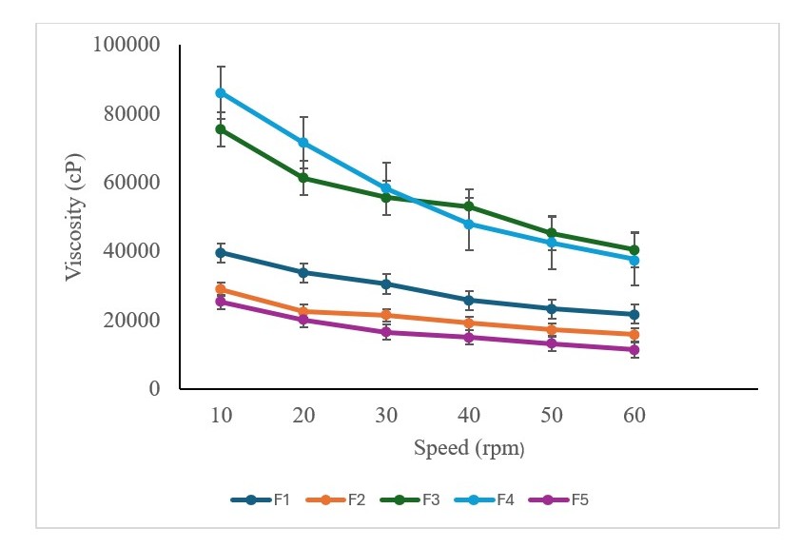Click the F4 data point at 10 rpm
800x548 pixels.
pyautogui.click(x=221, y=92)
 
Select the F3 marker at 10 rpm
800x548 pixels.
pyautogui.click(x=221, y=128)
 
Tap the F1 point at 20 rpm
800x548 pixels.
pyautogui.click(x=303, y=272)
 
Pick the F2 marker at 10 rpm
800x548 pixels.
pyautogui.click(x=221, y=289)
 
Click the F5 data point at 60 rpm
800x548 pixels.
pyautogui.click(x=634, y=349)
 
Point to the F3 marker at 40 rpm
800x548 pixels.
pyautogui.click(x=469, y=206)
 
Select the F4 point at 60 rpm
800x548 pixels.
pyautogui.click(x=634, y=260)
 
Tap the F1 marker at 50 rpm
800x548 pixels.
pyautogui.click(x=552, y=308)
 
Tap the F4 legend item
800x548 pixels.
pyautogui.click(x=507, y=499)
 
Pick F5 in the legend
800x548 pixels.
pyautogui.click(x=590, y=499)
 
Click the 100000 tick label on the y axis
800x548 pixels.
pyautogui.click(x=127, y=45)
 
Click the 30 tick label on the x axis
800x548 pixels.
pyautogui.click(x=386, y=417)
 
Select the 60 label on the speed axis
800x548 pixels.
pyautogui.click(x=634, y=417)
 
